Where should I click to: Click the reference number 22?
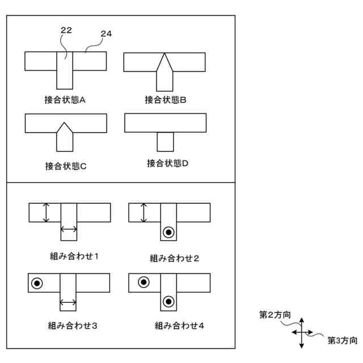pyautogui.click(x=66, y=31)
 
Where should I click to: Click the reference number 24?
pyautogui.click(x=106, y=34)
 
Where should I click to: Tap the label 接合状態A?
pyautogui.click(x=65, y=100)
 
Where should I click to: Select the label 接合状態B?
pyautogui.click(x=166, y=100)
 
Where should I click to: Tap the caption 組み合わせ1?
pyautogui.click(x=75, y=256)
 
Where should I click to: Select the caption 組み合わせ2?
pyautogui.click(x=174, y=258)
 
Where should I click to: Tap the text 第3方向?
pyautogui.click(x=342, y=340)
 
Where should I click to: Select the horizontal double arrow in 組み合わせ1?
pyautogui.click(x=69, y=229)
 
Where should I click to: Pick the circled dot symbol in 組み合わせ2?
pyautogui.click(x=168, y=232)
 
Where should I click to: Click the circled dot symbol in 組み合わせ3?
pyautogui.click(x=37, y=282)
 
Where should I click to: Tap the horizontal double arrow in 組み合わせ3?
pyautogui.click(x=69, y=302)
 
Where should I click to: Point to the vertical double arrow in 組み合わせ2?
pyautogui.click(x=144, y=213)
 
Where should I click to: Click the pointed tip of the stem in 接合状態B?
pyautogui.click(x=164, y=54)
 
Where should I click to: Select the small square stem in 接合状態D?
pyautogui.click(x=165, y=142)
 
